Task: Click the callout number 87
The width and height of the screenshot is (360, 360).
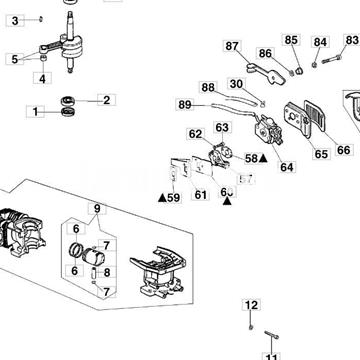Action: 233,46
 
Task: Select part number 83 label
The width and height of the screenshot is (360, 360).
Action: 351,40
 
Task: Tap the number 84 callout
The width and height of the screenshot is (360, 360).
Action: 320,42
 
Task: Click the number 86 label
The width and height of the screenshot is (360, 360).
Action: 265,53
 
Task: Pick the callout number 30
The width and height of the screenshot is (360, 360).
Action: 236,84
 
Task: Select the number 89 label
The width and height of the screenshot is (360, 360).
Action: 185,104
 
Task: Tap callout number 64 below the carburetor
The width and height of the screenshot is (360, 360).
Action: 287,167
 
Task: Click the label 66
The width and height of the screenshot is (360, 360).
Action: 344,150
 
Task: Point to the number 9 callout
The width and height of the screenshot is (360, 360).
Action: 97,209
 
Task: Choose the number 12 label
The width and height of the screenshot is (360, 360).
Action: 251,305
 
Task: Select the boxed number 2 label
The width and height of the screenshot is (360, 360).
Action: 107,99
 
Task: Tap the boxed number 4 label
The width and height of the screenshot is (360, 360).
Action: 43,78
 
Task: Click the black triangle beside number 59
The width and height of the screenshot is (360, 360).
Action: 160,198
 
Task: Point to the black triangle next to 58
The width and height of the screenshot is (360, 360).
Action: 262,158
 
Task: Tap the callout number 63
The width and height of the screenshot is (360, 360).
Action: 222,127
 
